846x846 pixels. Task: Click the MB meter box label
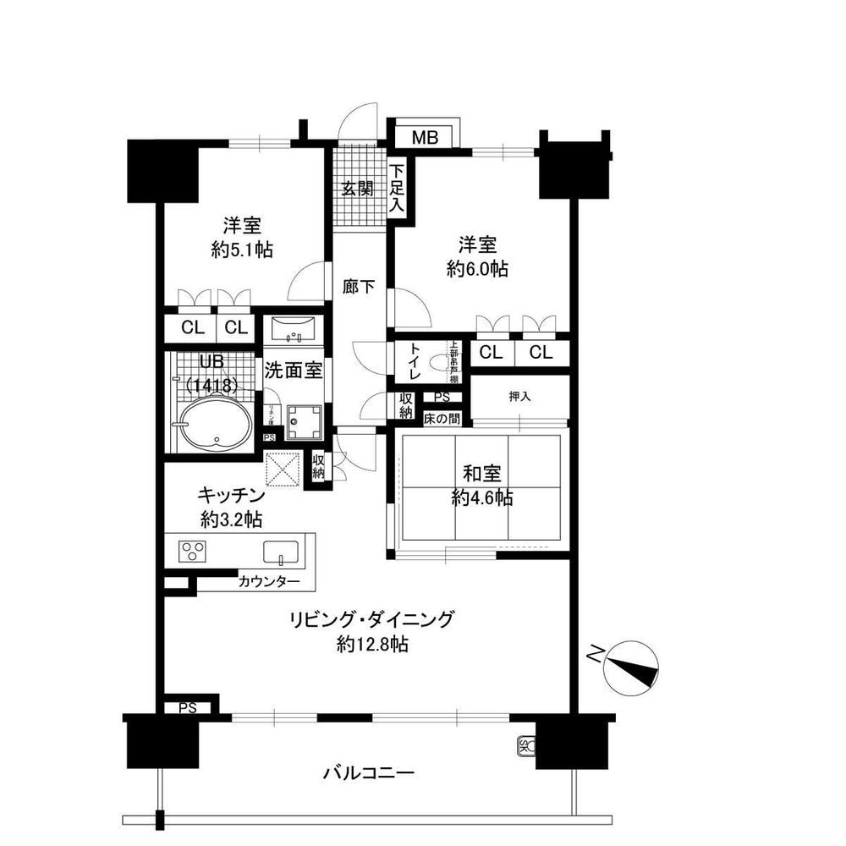[x=425, y=138]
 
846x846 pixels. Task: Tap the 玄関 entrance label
[x=358, y=188]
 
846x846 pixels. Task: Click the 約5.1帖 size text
[x=242, y=250]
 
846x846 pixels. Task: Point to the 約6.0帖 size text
[x=477, y=269]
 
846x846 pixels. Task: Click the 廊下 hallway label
[x=359, y=287]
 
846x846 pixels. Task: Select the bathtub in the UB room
[x=217, y=423]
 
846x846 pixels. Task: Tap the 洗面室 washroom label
[x=292, y=370]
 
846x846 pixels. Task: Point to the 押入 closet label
[x=520, y=396]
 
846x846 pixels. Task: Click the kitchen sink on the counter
[x=279, y=552]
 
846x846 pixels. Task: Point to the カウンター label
[x=268, y=582]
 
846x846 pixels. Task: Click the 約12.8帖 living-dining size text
[x=372, y=645]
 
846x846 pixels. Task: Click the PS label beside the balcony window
[x=188, y=708]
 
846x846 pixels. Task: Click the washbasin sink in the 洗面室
[x=294, y=329]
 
